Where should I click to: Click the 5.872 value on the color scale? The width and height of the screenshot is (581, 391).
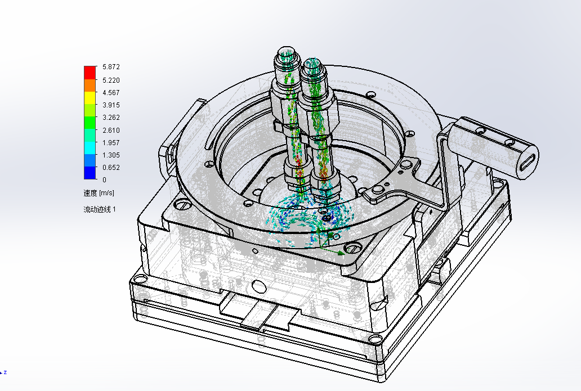111,67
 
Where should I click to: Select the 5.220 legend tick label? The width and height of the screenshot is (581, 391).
111,80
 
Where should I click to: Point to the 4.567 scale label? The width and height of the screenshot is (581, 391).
111,93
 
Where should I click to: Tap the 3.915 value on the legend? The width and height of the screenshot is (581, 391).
111,105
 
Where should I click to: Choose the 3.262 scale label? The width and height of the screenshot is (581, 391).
111,118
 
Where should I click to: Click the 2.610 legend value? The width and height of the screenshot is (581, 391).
111,130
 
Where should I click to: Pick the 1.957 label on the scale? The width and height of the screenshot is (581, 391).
111,142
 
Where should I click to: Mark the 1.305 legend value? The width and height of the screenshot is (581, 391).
111,155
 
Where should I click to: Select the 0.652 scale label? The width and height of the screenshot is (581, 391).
111,167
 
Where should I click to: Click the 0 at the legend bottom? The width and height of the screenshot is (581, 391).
105,180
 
